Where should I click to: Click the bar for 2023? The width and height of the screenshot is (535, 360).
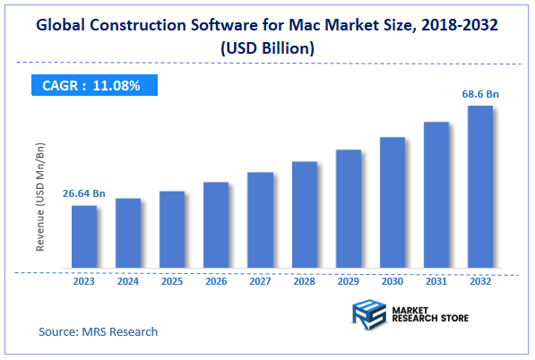point(84,236)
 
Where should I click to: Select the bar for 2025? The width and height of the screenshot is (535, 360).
point(172,229)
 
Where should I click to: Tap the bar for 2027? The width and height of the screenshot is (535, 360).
point(260,219)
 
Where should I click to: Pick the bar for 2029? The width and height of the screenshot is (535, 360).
point(348,209)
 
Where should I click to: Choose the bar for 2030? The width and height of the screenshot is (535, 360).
point(392,202)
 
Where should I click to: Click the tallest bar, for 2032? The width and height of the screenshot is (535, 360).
point(479,187)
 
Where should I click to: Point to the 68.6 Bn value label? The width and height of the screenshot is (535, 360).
point(479,93)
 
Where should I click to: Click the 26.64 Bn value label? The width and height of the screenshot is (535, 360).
point(84,193)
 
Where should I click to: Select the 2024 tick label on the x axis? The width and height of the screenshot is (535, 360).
point(128,281)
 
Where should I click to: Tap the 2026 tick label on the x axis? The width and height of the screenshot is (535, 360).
point(216,281)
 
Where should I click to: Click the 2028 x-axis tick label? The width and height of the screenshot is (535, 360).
point(304,281)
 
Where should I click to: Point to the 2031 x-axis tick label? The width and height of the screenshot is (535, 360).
point(436,281)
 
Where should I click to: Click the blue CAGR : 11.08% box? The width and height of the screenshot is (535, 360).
point(92,85)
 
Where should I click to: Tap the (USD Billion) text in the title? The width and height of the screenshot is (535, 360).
point(267,49)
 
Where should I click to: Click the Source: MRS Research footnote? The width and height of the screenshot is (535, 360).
point(98,331)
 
